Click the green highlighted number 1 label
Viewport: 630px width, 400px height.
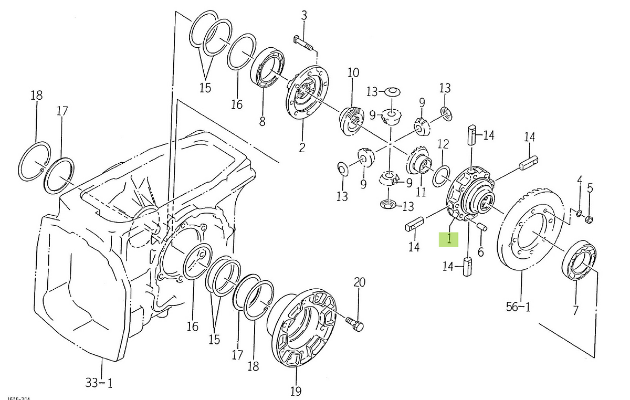(449, 239)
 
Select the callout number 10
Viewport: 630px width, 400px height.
(353, 72)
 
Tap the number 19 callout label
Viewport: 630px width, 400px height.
(296, 391)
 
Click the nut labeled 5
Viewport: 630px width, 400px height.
(588, 219)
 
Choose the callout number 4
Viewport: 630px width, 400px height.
(580, 181)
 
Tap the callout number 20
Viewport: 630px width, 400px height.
(359, 281)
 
